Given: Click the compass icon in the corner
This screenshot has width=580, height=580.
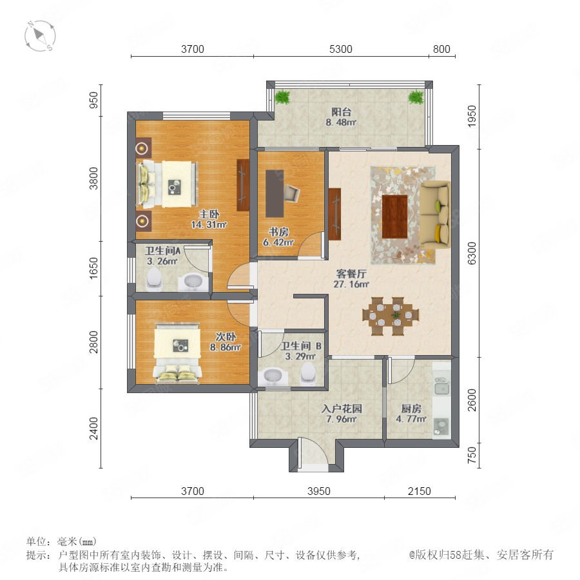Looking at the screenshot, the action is click(40, 36).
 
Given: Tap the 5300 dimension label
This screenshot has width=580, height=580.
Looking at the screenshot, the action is click(341, 49).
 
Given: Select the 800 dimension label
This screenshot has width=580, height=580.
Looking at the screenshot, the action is click(441, 49).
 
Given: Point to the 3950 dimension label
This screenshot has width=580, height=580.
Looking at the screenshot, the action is click(319, 491).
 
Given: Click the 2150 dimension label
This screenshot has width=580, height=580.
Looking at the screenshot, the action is click(420, 491).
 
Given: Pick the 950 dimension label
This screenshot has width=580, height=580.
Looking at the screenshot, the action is click(94, 100).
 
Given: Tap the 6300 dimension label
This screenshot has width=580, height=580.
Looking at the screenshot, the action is click(472, 253).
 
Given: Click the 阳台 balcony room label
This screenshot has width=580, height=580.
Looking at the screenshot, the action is click(341, 111).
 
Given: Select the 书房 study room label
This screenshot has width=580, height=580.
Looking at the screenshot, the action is click(278, 232).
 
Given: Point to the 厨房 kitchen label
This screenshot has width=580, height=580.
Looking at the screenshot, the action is click(411, 409).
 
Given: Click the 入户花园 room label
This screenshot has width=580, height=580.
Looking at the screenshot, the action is click(342, 409).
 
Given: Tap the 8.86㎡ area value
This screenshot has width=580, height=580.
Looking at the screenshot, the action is click(226, 347).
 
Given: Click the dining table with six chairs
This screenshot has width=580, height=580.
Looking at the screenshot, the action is click(391, 316).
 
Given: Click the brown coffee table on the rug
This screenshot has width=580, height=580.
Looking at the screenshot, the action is click(394, 217).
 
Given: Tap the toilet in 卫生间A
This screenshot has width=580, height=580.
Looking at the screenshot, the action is click(154, 278).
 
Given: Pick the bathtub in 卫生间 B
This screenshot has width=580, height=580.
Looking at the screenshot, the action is click(273, 376).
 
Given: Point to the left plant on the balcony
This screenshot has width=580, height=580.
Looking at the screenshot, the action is click(283, 97).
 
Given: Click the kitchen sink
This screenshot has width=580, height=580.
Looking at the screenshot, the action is click(441, 389).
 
